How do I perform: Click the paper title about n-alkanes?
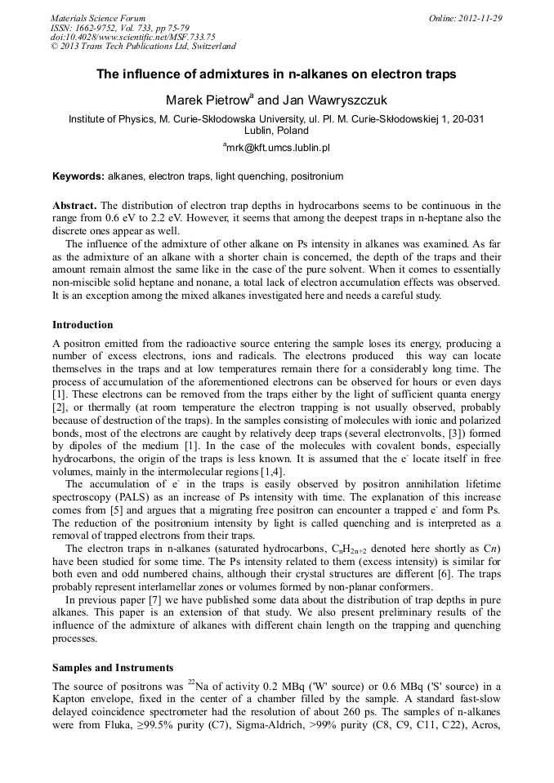coord(276,74)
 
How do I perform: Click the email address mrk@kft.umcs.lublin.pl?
coord(277,148)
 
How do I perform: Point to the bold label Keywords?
coord(78,176)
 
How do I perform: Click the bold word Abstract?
coord(74,206)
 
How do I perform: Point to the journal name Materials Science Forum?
coord(98,18)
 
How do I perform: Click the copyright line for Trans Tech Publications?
coord(143,47)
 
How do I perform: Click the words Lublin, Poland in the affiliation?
coord(276,131)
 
